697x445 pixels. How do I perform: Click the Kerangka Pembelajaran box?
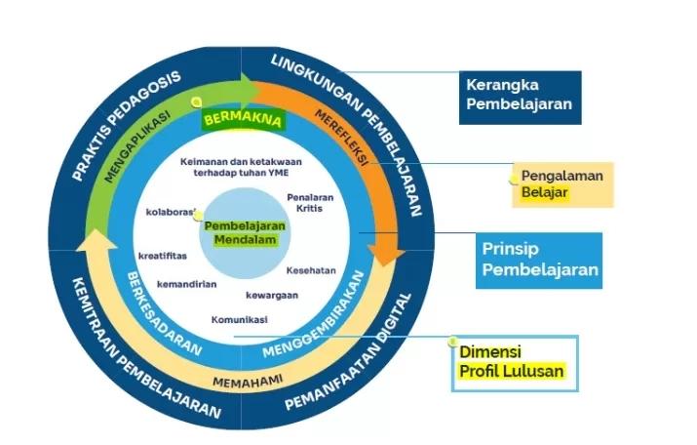coord(520,97)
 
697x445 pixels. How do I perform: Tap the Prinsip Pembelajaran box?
coord(539,260)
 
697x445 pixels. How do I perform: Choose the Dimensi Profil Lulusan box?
coord(514,363)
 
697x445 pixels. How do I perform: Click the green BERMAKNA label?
coord(242,121)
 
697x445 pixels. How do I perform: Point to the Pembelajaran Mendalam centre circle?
coord(240,232)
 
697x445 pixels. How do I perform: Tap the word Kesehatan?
coord(311,270)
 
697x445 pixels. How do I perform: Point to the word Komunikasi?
coord(239,319)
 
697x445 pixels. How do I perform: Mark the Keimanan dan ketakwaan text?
coord(240,163)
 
